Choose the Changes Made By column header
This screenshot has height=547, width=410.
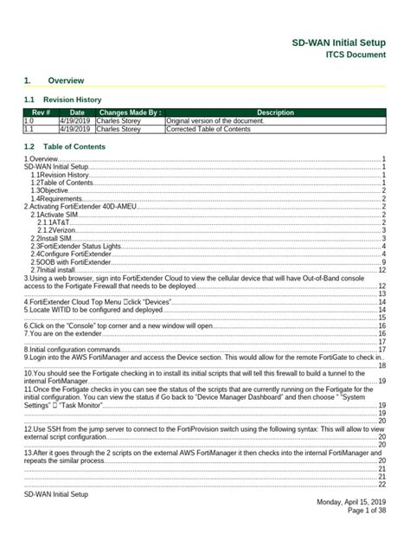click(130, 113)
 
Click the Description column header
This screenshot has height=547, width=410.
click(275, 113)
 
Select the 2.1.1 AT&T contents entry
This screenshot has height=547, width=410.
click(54, 222)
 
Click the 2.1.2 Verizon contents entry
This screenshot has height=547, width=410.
click(56, 230)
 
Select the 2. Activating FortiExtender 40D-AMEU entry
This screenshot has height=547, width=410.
click(87, 207)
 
